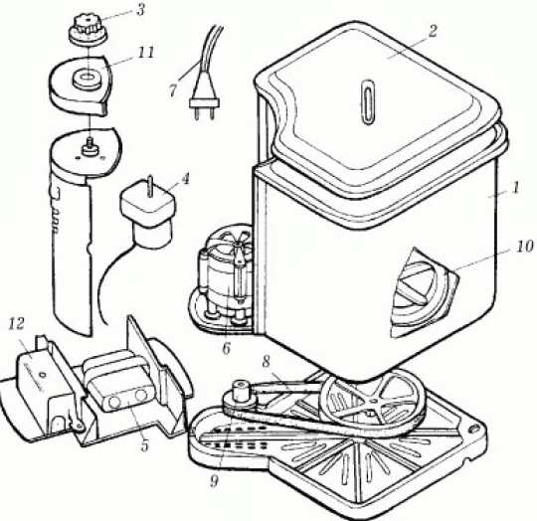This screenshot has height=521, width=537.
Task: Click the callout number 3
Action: click(x=140, y=10)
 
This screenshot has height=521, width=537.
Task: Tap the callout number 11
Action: click(x=146, y=53)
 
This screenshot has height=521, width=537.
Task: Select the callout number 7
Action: click(x=173, y=90)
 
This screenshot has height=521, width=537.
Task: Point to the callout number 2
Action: click(x=433, y=32)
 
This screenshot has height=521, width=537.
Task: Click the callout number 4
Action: click(x=185, y=180)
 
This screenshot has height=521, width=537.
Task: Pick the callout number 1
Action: click(x=516, y=188)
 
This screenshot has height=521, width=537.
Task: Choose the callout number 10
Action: click(x=525, y=247)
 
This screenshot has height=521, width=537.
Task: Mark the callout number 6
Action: click(x=226, y=348)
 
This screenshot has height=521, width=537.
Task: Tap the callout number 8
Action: click(x=267, y=362)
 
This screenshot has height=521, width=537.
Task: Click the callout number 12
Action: click(x=17, y=323)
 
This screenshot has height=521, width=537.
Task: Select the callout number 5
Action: click(x=144, y=445)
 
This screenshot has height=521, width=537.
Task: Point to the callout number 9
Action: click(x=214, y=481)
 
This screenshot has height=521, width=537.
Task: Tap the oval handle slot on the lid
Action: click(x=368, y=101)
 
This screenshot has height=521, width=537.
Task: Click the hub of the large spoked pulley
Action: click(x=373, y=401)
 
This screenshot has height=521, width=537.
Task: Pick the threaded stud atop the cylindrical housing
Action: click(x=90, y=146)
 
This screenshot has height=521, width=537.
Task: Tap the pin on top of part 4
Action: click(x=149, y=186)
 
